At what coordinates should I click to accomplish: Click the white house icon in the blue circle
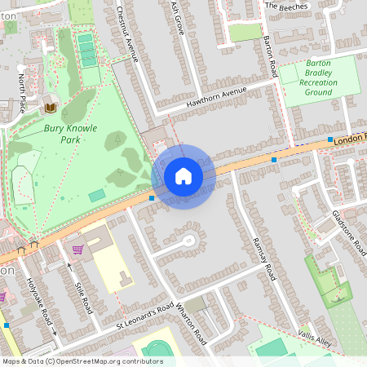(183, 176)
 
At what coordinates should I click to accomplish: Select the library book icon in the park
(51, 108)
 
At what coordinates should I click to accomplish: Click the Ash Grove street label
(179, 18)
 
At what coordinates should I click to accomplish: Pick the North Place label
(22, 93)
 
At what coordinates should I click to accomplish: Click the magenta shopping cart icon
(78, 249)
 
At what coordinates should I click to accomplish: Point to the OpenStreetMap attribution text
(82, 360)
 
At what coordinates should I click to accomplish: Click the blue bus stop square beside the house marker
(152, 197)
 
